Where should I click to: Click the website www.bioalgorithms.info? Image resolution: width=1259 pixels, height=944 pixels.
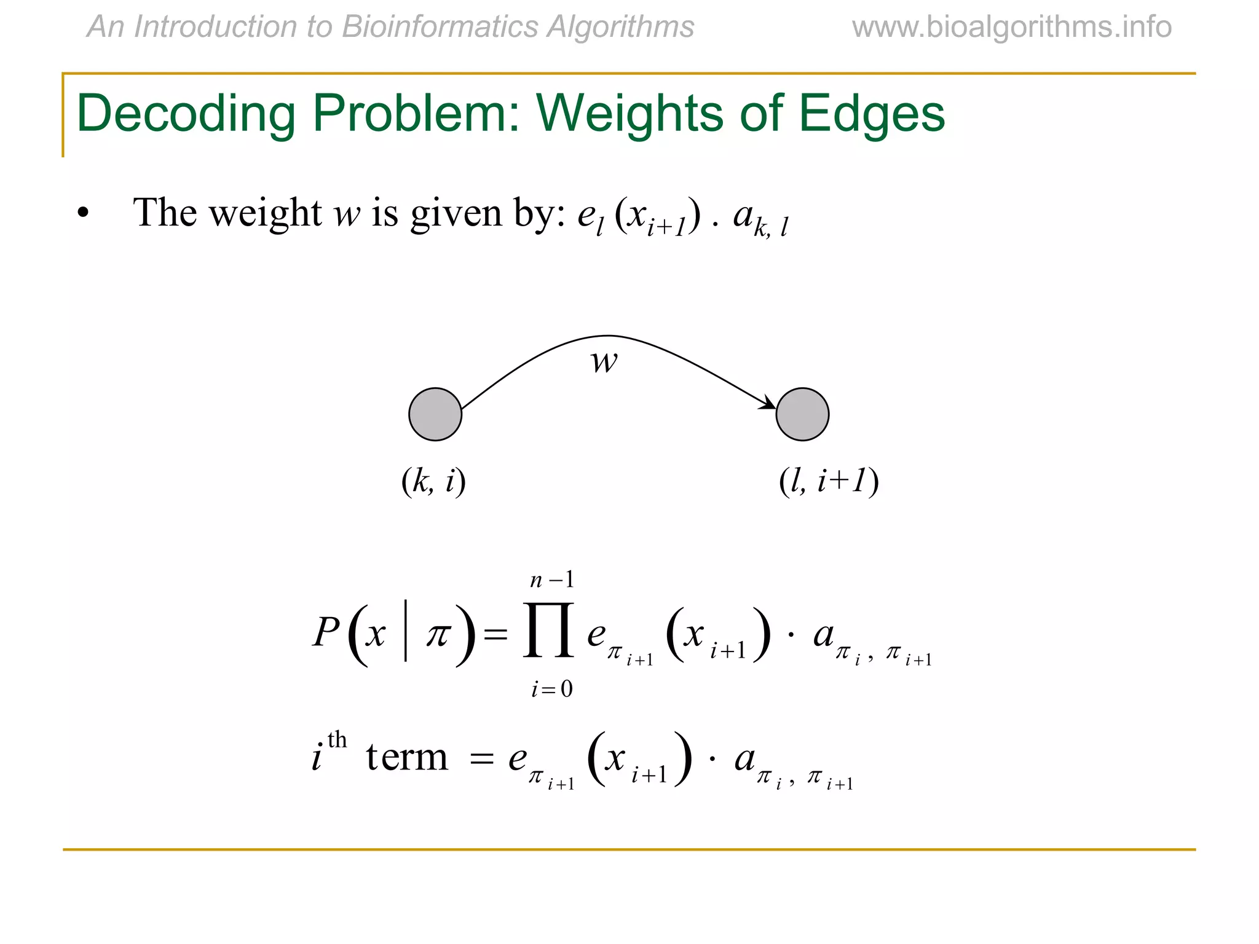[x=1011, y=27]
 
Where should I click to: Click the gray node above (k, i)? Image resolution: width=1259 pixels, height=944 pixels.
[x=435, y=414]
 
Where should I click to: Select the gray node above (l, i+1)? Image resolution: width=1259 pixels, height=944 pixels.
[x=802, y=414]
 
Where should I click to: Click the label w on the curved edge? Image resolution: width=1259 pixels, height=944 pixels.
[x=604, y=361]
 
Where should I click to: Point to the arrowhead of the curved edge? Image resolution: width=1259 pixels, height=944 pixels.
[x=768, y=403]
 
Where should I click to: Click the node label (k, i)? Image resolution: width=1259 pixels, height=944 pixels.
[x=433, y=481]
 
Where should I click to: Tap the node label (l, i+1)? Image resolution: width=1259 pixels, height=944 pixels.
[x=829, y=481]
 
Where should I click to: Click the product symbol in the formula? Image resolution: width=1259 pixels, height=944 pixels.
[x=549, y=631]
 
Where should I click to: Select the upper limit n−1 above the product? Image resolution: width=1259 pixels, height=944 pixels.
[x=552, y=580]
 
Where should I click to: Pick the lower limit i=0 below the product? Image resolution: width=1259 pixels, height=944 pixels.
[x=552, y=689]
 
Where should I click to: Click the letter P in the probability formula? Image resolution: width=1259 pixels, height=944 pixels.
[x=326, y=632]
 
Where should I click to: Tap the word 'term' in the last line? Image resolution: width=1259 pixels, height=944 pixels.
[x=407, y=757]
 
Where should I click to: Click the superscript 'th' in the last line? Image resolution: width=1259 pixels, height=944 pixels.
[x=337, y=739]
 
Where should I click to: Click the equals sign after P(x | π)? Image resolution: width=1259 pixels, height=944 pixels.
[x=495, y=634]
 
